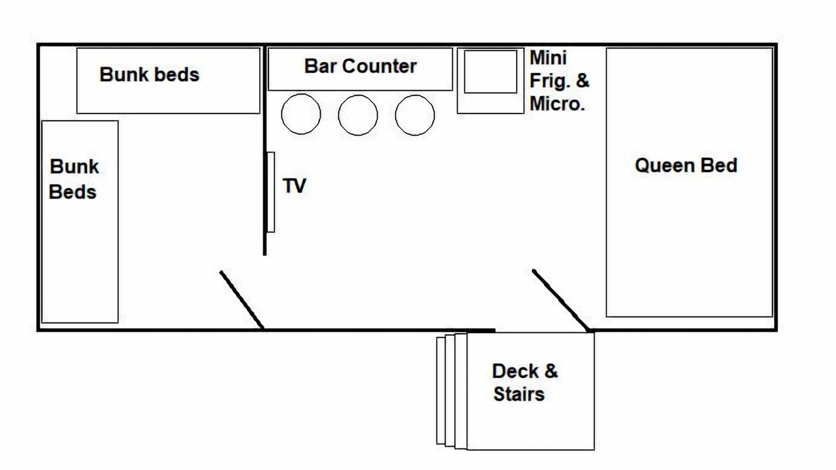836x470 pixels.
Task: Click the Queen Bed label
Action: (x=686, y=165)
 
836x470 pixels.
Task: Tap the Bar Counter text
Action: (x=360, y=66)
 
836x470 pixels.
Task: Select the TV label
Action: (x=294, y=186)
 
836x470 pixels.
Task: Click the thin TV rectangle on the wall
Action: (x=270, y=192)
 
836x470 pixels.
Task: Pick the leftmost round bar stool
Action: (x=301, y=114)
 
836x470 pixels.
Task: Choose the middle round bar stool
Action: (x=358, y=115)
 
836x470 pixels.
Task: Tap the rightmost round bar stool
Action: (x=415, y=115)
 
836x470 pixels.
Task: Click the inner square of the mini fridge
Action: (x=490, y=71)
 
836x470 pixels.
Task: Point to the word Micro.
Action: (x=557, y=104)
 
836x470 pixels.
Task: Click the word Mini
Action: (x=548, y=57)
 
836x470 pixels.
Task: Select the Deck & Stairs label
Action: (x=524, y=383)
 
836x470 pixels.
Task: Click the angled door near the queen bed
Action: (x=561, y=300)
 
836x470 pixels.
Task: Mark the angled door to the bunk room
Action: (x=242, y=300)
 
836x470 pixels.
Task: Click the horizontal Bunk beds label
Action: (x=149, y=74)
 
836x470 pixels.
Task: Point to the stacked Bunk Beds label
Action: (x=74, y=179)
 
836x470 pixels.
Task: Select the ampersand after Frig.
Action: (x=583, y=80)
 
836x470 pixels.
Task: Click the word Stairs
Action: (x=519, y=394)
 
